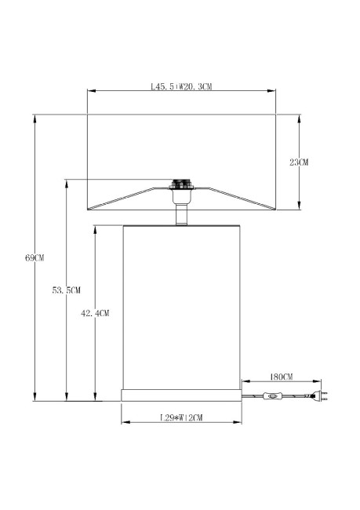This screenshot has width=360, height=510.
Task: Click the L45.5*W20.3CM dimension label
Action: (x=181, y=87)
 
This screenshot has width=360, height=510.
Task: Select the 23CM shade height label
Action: (x=299, y=162)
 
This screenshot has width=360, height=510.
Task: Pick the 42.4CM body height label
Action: (x=95, y=312)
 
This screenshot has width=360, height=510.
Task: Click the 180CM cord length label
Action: (x=280, y=377)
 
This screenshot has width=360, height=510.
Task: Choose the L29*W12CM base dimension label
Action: (x=181, y=417)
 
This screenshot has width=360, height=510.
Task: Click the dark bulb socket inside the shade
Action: (x=182, y=187)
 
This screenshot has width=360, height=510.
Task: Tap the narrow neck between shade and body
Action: (x=182, y=213)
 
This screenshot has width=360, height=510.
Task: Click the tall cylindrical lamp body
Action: (x=181, y=306)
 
